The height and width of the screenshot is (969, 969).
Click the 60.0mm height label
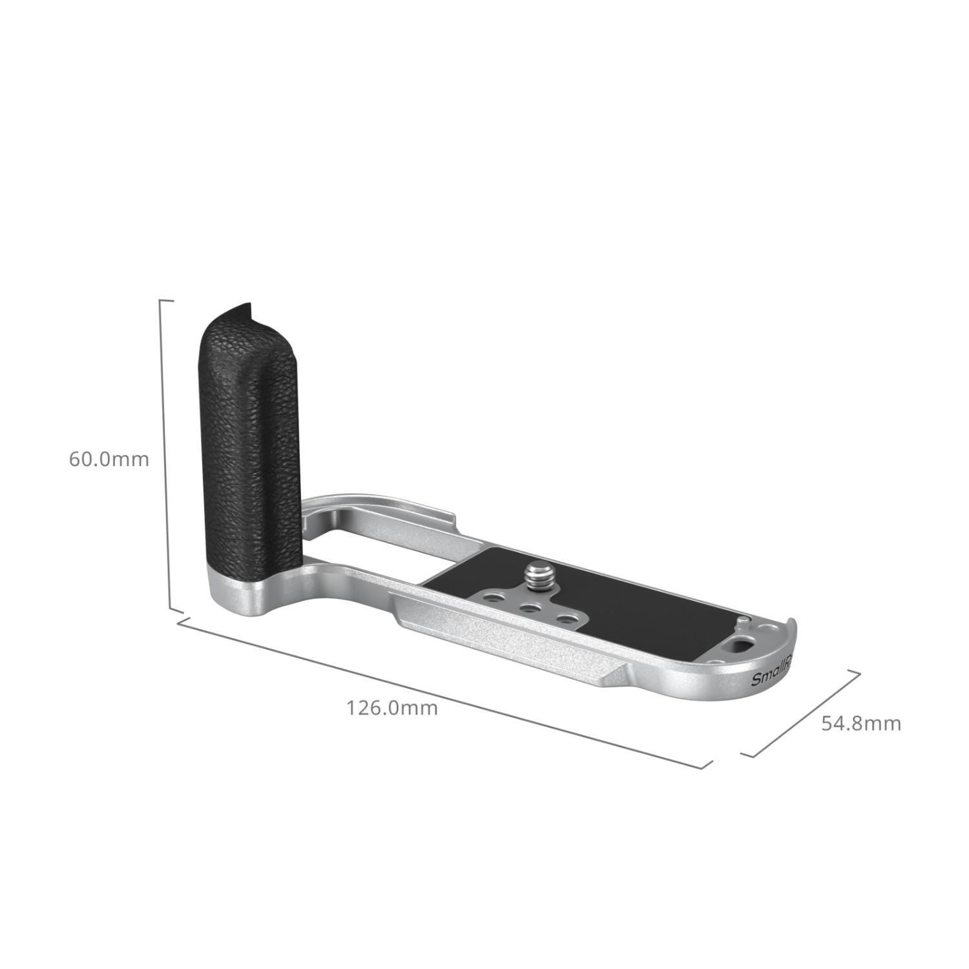(x=109, y=459)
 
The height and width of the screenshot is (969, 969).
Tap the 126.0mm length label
(x=393, y=708)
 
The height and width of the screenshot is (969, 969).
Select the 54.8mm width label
(x=861, y=723)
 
